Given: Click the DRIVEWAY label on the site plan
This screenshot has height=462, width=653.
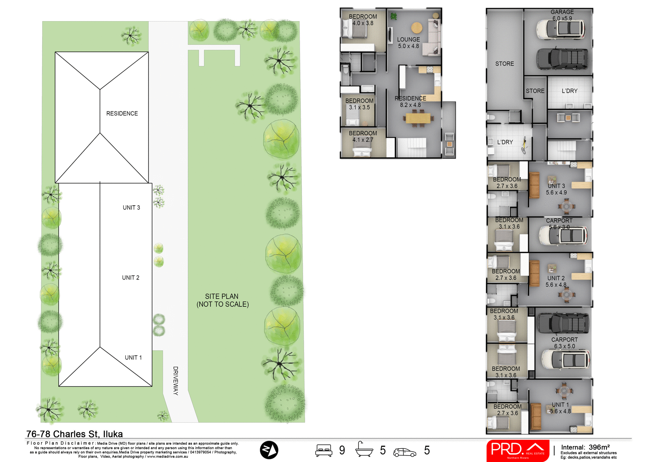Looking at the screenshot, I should pos(175,381).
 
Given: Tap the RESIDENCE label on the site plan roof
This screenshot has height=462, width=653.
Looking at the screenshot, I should pos(122,113).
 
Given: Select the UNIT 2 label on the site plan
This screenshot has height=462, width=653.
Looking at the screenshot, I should pos(131,277).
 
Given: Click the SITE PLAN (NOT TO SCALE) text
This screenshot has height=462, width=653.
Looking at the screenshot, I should pos(222,300).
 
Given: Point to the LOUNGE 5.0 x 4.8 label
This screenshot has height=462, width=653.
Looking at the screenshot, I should pos(408,43).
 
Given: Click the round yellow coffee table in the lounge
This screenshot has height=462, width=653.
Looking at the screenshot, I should pos(417,28).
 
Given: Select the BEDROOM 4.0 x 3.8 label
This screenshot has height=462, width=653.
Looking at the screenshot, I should pos(363,20).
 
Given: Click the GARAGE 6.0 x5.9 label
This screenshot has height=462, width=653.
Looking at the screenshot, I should pos(562,15).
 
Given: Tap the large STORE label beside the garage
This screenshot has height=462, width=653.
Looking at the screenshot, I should pos(504,64).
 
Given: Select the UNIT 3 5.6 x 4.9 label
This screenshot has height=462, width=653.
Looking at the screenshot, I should pos(556,189).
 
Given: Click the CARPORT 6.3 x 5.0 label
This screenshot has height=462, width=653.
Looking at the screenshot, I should pos(564,343).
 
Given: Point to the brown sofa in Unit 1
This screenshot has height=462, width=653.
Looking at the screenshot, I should pos(536,416).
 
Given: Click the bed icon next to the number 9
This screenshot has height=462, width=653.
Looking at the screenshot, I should pos(323,450).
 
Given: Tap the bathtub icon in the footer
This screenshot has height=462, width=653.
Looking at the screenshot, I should pos(364,449).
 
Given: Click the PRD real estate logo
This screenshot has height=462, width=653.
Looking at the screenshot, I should pos(518,450).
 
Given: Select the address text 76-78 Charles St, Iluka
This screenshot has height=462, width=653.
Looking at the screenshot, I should pos(74,434).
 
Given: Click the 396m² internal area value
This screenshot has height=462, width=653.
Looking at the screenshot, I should pos(599,447).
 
